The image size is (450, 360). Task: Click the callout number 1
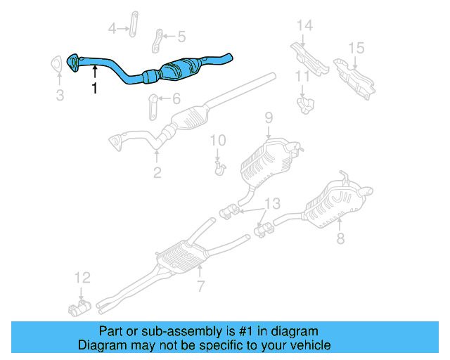click(94, 88)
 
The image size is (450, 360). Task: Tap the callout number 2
click(157, 172)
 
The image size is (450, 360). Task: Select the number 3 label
click(60, 95)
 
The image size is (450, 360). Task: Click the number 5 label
click(181, 37)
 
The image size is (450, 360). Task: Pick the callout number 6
click(176, 99)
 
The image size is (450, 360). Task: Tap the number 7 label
click(200, 286)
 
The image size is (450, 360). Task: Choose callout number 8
click(340, 239)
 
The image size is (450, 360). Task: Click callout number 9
click(268, 117)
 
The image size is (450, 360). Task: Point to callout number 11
click(302, 76)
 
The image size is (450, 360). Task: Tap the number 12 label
click(82, 276)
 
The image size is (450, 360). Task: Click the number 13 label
click(271, 204)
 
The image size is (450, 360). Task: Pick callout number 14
click(304, 26)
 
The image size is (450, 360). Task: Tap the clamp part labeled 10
click(219, 167)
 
